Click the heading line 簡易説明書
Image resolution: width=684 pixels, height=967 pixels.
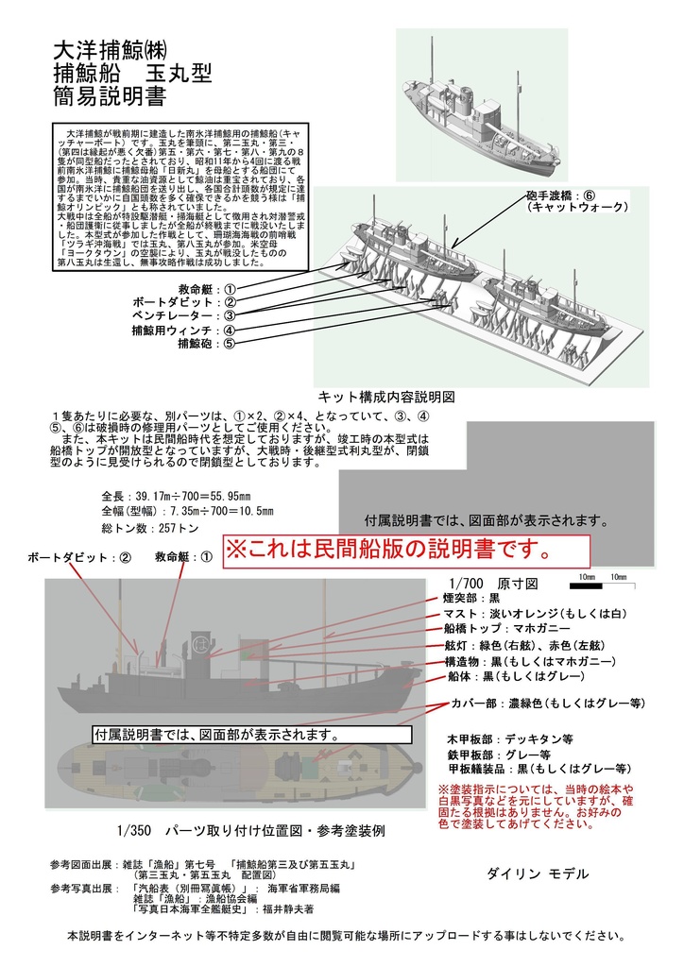(x=111, y=95)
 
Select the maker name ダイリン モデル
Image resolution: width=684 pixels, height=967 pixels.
(x=538, y=874)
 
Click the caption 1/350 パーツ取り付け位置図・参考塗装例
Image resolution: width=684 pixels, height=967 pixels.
(x=250, y=831)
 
